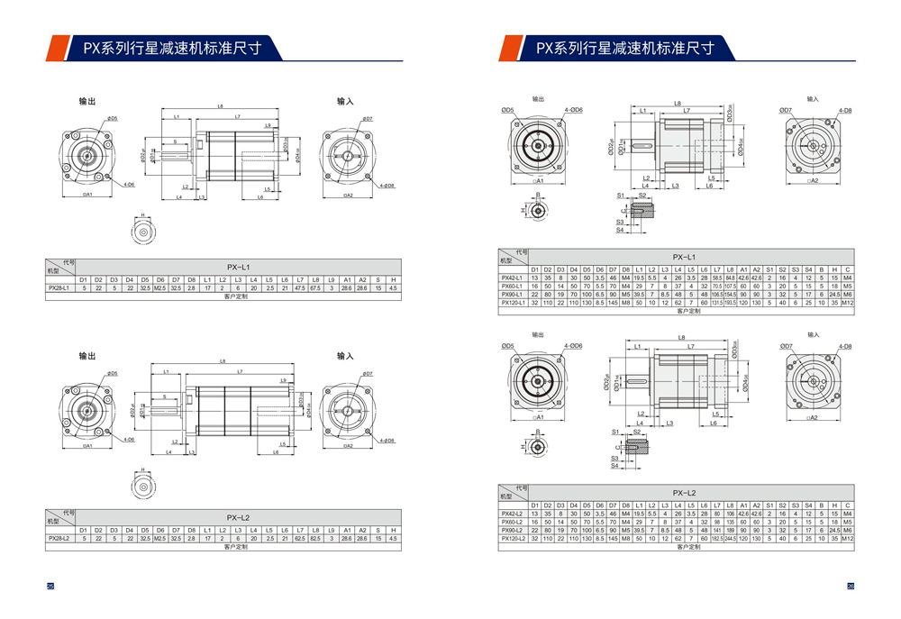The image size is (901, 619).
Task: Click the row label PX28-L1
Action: point(60,287)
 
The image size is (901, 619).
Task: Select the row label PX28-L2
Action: point(60,538)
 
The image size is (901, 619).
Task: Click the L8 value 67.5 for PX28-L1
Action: point(315,287)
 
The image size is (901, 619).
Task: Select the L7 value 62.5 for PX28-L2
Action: point(300,538)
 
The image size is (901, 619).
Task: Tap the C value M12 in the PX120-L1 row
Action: point(848,304)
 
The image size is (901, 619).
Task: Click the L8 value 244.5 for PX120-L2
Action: point(731,538)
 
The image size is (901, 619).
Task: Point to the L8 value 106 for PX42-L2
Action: point(731,514)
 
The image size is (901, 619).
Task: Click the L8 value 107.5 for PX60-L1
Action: point(731,286)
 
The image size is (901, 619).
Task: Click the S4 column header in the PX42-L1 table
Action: point(808,269)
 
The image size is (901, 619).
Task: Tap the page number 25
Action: point(50,587)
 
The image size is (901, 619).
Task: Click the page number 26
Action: point(850,587)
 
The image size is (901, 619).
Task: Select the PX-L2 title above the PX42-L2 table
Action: point(685,493)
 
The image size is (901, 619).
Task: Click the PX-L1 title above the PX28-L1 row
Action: point(238,267)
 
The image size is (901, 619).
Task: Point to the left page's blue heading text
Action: point(171,49)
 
